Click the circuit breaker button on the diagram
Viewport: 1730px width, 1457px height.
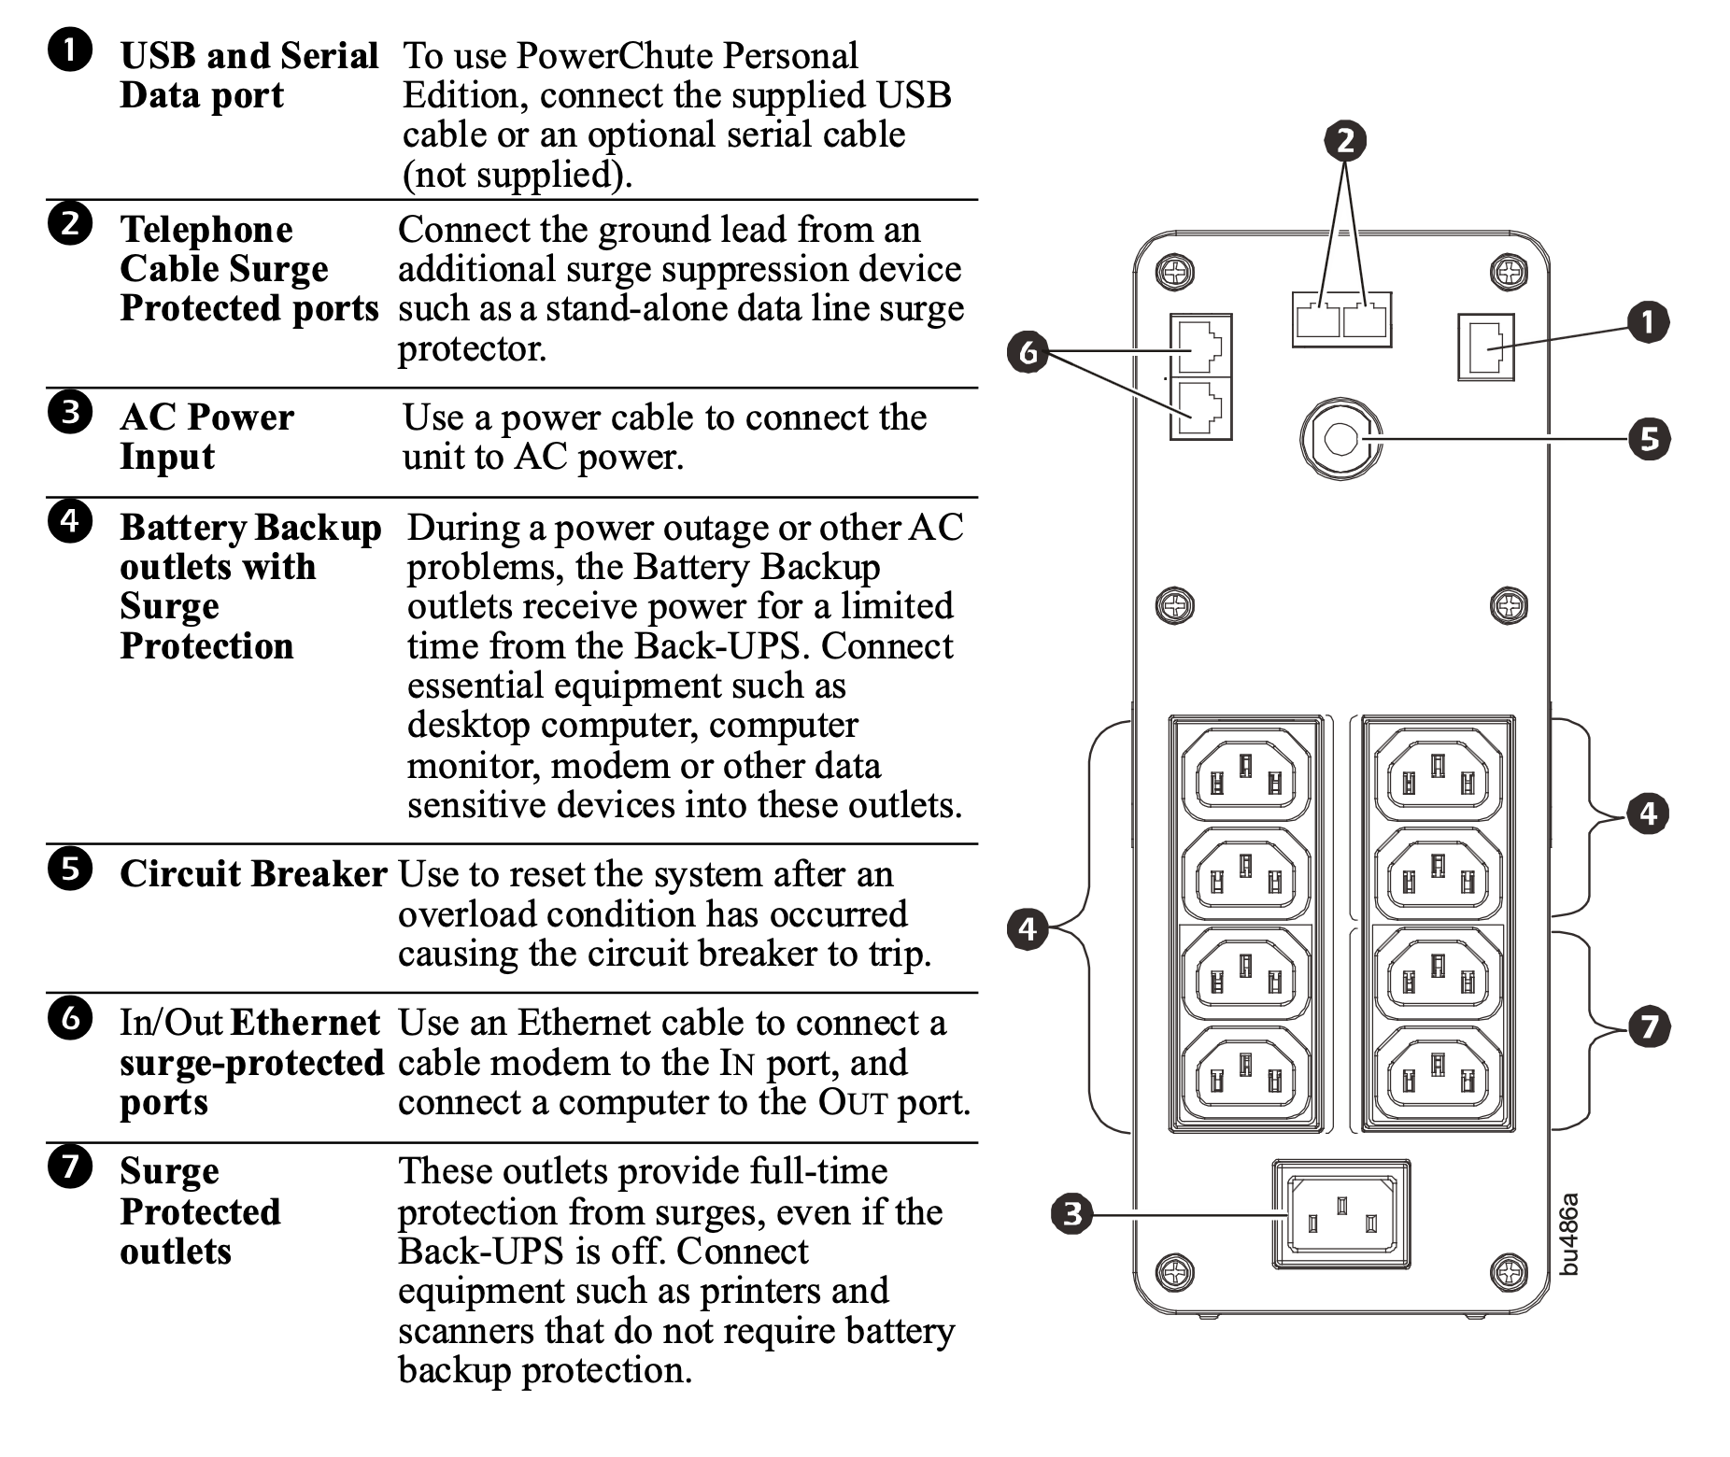pyautogui.click(x=1340, y=438)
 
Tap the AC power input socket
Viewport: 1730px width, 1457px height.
pyautogui.click(x=1341, y=1214)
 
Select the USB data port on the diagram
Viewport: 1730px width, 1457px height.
pyautogui.click(x=1485, y=347)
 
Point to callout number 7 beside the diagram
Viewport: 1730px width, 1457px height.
pyautogui.click(x=1648, y=1027)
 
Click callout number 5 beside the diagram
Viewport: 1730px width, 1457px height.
pyautogui.click(x=1648, y=438)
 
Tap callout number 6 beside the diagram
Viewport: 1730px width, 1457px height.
pyautogui.click(x=1028, y=353)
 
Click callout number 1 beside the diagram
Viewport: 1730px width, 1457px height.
pyautogui.click(x=1648, y=323)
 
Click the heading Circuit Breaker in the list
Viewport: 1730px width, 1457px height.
pyautogui.click(x=252, y=874)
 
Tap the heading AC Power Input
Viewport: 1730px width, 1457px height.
pyautogui.click(x=206, y=436)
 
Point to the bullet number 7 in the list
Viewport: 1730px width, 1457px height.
pyautogui.click(x=70, y=1166)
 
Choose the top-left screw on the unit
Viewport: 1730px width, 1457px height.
pyautogui.click(x=1175, y=273)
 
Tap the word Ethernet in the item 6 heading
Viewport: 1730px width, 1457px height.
pyautogui.click(x=305, y=1023)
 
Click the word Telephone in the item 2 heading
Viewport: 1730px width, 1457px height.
pyautogui.click(x=206, y=230)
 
